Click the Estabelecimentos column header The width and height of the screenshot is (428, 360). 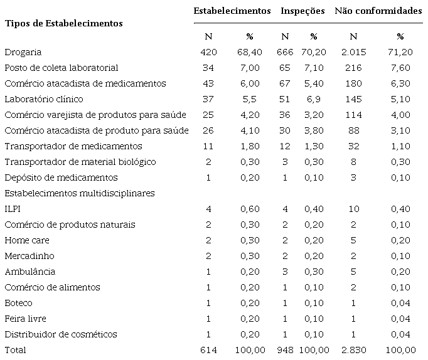click(232, 11)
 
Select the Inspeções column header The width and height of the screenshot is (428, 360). click(302, 11)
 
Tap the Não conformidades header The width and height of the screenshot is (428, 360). click(378, 11)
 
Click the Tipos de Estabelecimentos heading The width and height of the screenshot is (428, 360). click(63, 23)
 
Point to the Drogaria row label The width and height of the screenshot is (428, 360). click(23, 52)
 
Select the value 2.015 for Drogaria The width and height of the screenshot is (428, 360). click(353, 52)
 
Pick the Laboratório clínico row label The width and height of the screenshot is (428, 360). click(44, 99)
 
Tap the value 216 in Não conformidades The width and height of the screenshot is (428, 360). click(353, 68)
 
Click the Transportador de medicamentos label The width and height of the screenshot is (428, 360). click(73, 146)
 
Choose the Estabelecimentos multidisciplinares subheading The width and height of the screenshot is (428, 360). click(80, 193)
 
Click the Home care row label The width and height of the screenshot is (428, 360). click(27, 240)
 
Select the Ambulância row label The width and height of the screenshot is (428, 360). click(29, 272)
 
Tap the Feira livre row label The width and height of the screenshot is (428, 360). click(25, 319)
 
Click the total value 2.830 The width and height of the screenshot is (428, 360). click(353, 350)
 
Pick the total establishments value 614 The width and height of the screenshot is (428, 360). click(208, 350)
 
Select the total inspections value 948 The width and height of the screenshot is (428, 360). click(285, 350)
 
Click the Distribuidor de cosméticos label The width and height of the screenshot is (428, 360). click(61, 334)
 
